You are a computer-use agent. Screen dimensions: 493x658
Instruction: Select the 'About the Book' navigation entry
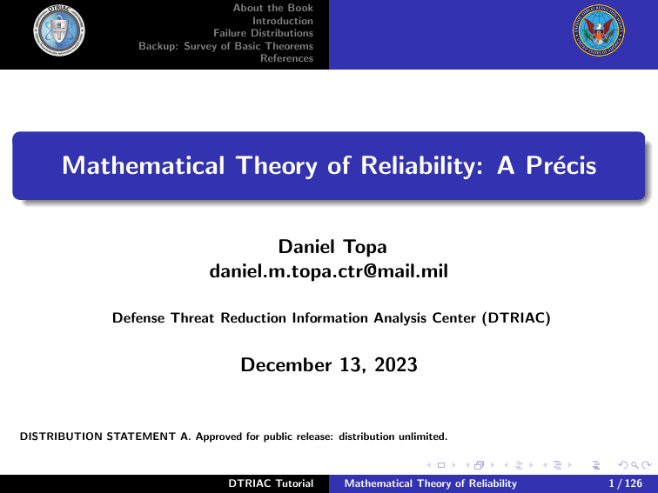273,8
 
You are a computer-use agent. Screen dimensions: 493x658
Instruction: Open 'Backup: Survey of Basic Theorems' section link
226,46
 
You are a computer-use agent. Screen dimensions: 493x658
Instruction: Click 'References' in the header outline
286,58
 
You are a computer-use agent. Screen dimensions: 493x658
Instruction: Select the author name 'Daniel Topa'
328,250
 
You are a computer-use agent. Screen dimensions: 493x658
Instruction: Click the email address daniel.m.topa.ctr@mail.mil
328,273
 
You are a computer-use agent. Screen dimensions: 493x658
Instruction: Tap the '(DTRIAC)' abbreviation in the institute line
517,319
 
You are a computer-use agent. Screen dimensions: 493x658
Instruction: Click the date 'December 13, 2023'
328,366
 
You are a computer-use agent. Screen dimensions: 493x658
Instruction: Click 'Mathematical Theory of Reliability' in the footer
431,483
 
